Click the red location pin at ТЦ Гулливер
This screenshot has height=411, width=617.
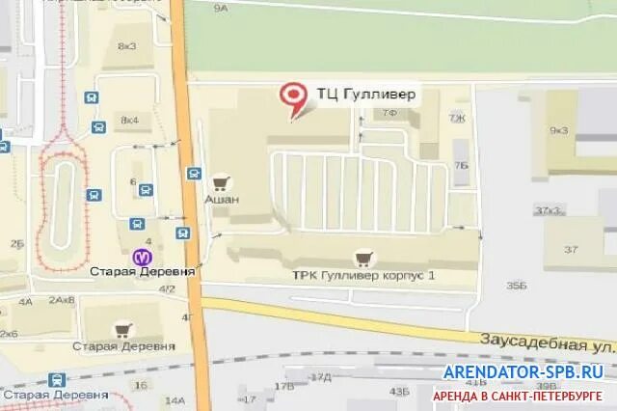point(292,96)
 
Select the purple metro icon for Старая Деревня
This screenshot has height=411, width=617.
point(143,258)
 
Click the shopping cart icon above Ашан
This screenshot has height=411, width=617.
point(222,181)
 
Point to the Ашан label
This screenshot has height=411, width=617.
point(222,200)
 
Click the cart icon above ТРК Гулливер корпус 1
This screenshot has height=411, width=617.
point(363,257)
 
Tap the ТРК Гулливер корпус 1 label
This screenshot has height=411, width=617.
point(363,275)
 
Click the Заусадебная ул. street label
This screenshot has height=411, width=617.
point(546,342)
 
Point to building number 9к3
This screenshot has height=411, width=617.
point(558,130)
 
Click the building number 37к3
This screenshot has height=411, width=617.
point(549,210)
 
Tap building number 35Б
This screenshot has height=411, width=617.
point(517,286)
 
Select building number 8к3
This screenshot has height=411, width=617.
point(127,46)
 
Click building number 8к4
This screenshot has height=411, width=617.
point(128,120)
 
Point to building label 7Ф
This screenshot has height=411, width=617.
point(389,114)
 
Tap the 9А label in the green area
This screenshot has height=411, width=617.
point(221,9)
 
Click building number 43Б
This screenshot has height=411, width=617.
point(399,392)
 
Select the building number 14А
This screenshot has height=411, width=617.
point(174,399)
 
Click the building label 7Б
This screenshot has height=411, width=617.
point(461,165)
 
